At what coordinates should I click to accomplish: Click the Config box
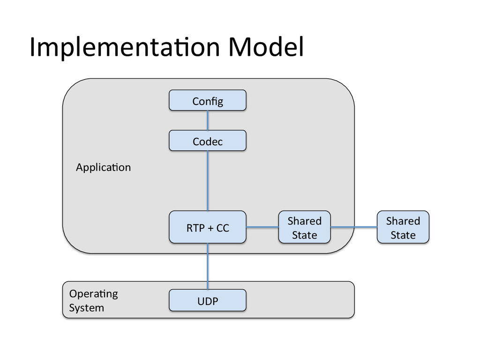[x=208, y=100]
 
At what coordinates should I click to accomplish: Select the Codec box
[x=208, y=141]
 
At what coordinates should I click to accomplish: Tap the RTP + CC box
[x=208, y=227]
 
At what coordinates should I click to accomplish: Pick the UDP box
[x=208, y=300]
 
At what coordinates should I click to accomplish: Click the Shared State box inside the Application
[x=305, y=227]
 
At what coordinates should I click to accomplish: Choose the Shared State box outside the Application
[x=403, y=227]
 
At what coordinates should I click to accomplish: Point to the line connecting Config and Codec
[x=208, y=120]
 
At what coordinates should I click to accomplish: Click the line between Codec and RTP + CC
[x=208, y=180]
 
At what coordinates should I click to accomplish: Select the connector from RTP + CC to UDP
[x=208, y=266]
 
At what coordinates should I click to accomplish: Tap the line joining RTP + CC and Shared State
[x=262, y=227]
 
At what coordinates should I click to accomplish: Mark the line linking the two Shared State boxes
[x=354, y=227]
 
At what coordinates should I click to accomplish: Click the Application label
[x=104, y=167]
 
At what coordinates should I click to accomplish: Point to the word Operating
[x=93, y=294]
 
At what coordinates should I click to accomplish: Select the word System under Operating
[x=87, y=307]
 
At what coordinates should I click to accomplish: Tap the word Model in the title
[x=266, y=46]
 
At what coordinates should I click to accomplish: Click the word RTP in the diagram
[x=195, y=228]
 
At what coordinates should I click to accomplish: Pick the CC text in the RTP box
[x=223, y=228]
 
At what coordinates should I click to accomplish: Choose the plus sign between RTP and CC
[x=210, y=228]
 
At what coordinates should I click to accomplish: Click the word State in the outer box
[x=403, y=235]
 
